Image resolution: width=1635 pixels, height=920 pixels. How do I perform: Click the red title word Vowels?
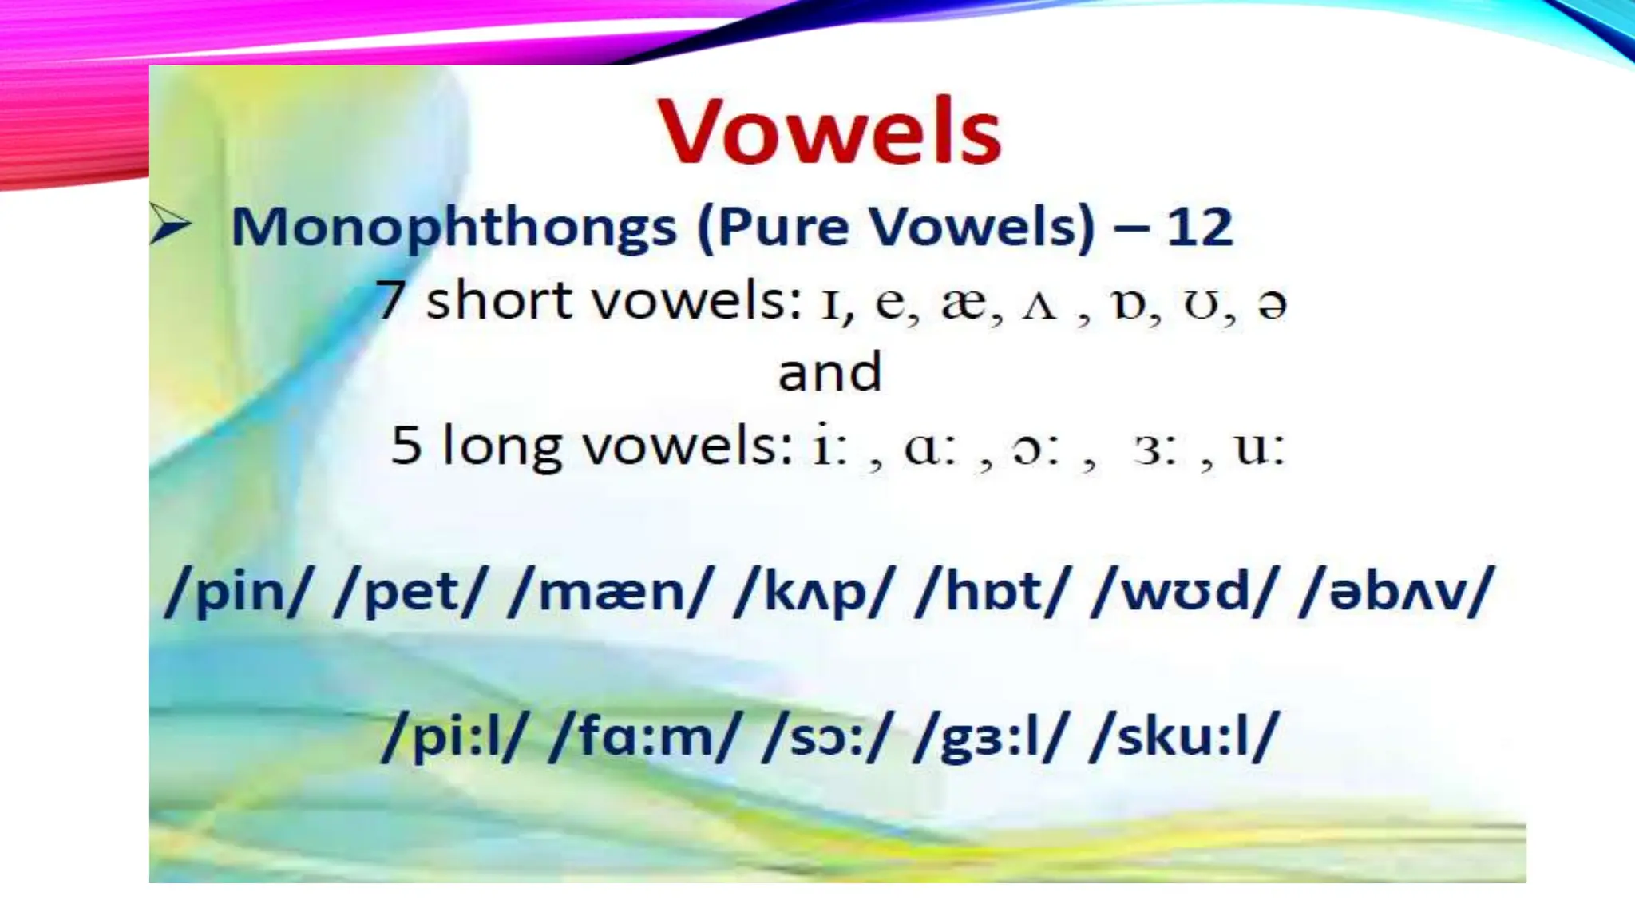point(829,132)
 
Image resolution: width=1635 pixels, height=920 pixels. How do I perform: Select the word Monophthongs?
point(453,228)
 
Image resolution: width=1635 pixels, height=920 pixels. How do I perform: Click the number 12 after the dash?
point(1199,227)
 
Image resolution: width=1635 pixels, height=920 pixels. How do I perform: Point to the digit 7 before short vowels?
point(390,300)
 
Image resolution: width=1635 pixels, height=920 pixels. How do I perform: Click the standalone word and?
point(829,372)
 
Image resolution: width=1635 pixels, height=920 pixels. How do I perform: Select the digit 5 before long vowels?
point(406,445)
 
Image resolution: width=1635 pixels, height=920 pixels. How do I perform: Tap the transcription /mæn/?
point(609,593)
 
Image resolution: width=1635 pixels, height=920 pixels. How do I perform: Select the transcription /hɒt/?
point(990,593)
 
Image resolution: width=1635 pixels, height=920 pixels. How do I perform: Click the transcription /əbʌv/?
point(1396,593)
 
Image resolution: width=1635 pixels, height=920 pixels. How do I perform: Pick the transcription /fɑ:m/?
point(645,736)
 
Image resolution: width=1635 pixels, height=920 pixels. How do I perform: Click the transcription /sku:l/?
point(1185,736)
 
